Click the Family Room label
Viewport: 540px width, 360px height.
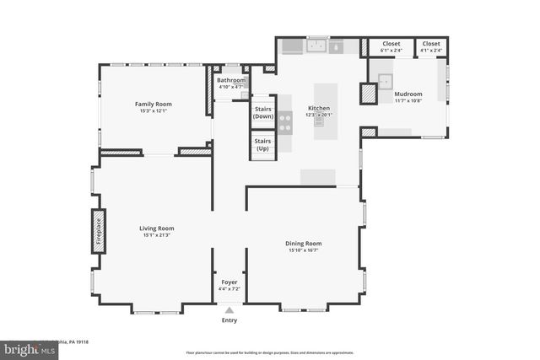(153, 104)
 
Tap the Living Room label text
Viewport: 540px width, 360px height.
(157, 228)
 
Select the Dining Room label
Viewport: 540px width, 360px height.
(305, 244)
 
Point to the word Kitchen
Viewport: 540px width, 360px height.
(318, 109)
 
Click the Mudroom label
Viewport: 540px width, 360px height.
(408, 94)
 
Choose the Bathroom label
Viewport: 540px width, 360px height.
(230, 80)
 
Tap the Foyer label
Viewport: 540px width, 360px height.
(229, 282)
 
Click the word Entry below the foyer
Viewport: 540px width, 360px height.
(229, 320)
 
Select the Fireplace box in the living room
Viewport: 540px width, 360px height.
(98, 231)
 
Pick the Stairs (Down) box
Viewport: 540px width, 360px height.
(263, 111)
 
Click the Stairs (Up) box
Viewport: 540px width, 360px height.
(263, 144)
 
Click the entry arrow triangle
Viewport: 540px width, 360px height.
(229, 310)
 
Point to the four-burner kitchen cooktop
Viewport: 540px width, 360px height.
(285, 123)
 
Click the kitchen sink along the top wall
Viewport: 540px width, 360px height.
(318, 46)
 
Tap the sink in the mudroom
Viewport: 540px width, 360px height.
(386, 81)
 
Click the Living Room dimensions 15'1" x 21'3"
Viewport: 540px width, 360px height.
(157, 234)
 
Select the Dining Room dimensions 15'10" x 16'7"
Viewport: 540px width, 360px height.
(305, 250)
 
